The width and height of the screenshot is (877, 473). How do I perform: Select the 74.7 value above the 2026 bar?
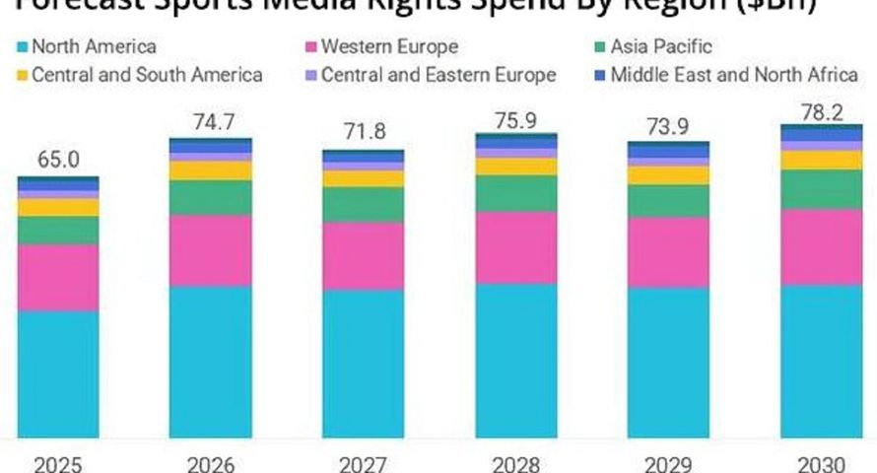[x=210, y=122]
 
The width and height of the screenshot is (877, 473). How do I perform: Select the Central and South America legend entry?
[x=139, y=75]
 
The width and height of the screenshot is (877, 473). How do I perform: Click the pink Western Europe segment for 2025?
[x=58, y=277]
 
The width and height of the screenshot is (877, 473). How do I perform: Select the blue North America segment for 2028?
[x=516, y=360]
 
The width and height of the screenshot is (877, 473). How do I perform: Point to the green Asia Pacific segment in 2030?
[x=821, y=188]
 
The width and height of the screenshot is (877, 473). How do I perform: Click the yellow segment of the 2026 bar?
[x=210, y=170]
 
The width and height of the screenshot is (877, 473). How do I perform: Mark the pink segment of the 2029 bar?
[x=669, y=251]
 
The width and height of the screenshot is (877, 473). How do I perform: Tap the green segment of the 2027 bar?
[x=363, y=204]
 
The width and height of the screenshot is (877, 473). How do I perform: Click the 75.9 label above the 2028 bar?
[x=516, y=118]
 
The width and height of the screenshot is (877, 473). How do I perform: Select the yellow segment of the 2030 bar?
[x=821, y=160]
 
